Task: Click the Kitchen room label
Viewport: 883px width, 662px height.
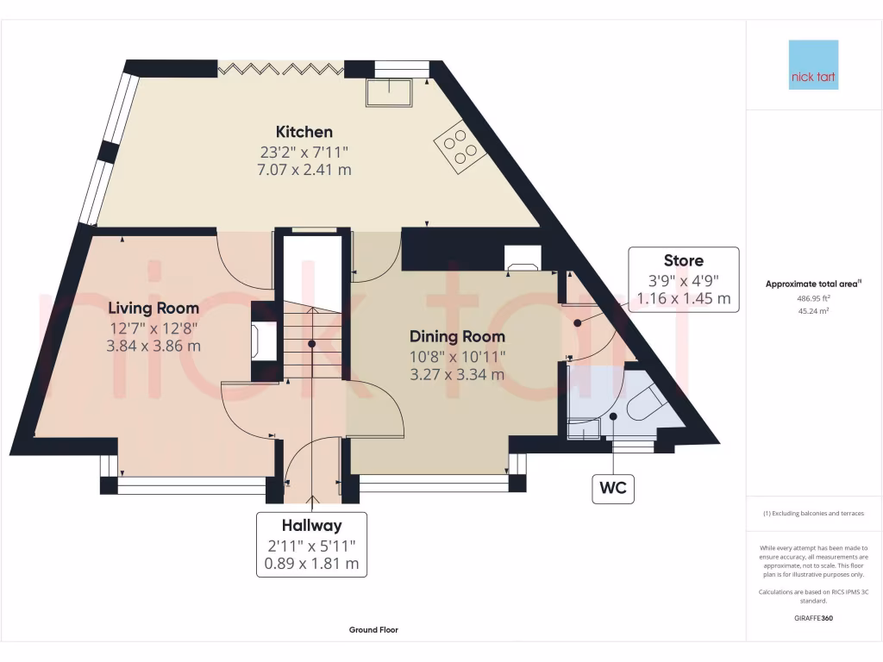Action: coord(304,132)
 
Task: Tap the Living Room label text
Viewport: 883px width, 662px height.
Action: coord(153,308)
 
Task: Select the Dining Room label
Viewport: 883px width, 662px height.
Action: coord(457,337)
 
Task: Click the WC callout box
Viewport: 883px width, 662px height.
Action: coord(613,488)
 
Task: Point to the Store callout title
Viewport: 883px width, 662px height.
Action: coord(684,260)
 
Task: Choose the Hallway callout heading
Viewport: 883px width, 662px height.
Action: coord(311,526)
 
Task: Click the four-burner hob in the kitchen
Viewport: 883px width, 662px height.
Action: coord(460,147)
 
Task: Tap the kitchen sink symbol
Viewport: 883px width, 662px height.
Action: coord(389,92)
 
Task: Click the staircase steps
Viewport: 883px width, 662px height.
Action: coord(311,340)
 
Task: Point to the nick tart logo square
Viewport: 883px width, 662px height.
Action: coord(813,65)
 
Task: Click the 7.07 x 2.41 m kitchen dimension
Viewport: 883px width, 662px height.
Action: coord(304,170)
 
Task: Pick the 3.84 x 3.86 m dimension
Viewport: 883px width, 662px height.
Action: coord(153,346)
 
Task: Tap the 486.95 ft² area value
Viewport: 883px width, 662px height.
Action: coord(813,298)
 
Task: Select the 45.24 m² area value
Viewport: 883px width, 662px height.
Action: coord(813,310)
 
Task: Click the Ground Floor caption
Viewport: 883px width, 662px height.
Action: coord(373,630)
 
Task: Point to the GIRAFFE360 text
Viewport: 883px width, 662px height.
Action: coord(813,618)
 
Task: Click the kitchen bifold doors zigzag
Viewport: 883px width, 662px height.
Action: coord(280,69)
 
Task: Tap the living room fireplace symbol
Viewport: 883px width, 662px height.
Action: coord(265,340)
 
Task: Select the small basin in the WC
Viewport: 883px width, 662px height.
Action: coord(584,429)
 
